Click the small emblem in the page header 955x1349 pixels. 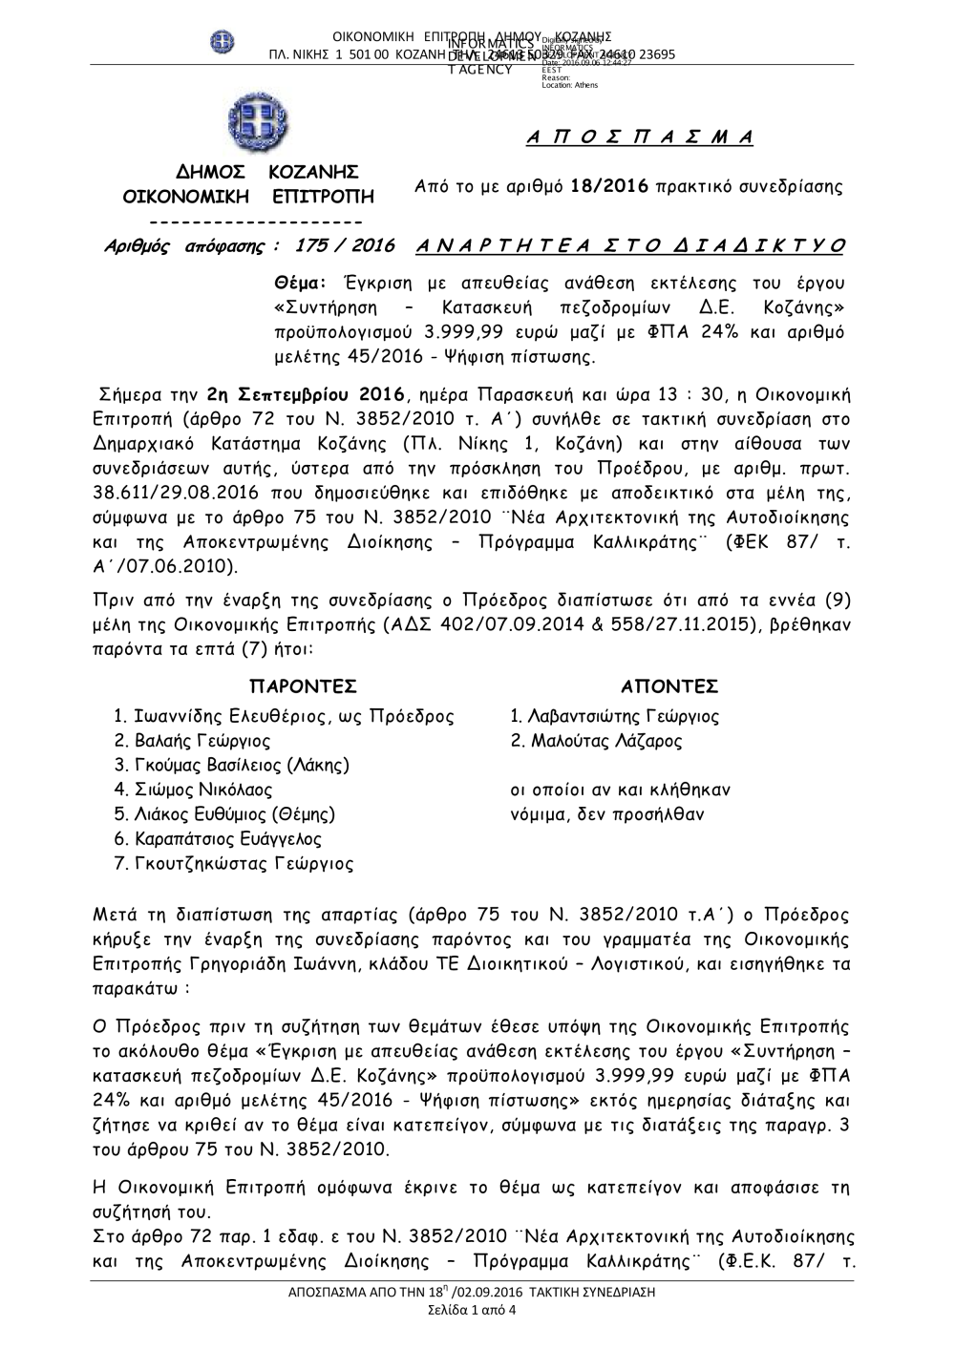coord(222,42)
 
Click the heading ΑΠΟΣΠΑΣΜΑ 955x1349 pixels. coord(640,137)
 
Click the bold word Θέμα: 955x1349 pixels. coord(301,284)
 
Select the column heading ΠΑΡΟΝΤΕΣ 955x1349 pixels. coord(303,687)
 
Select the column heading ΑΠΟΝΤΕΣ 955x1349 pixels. coord(669,687)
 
